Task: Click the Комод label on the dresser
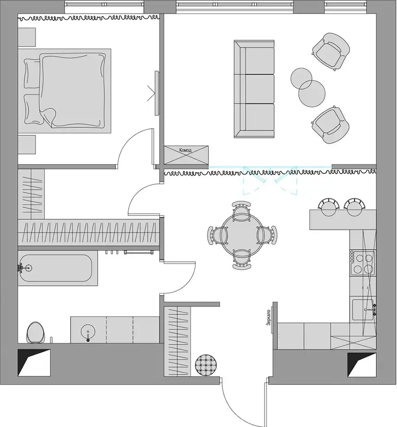pos(185,150)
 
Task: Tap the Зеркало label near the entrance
pos(269,318)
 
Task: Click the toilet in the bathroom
pos(36,332)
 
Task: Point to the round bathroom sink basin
pos(88,331)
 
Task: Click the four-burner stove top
pos(362,263)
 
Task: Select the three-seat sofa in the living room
pos(254,89)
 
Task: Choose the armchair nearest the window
pos(331,51)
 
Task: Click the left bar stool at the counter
pos(329,207)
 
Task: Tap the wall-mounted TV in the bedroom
pos(156,93)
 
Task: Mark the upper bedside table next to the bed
pos(27,37)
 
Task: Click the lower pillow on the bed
pos(33,109)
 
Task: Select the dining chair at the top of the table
pos(241,211)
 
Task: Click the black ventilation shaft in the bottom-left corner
pos(34,362)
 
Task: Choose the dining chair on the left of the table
pos(217,235)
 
